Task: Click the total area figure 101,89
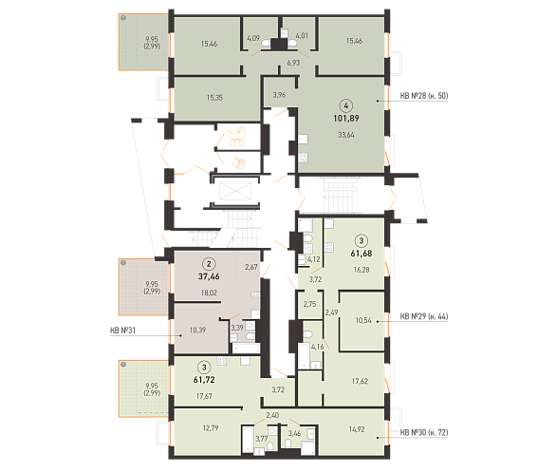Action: tap(346, 118)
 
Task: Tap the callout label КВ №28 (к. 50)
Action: tap(424, 96)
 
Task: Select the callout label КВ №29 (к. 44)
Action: tap(424, 316)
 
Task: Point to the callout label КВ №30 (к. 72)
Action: tap(424, 432)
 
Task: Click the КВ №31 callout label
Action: tap(123, 331)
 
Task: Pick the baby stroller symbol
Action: tap(237, 136)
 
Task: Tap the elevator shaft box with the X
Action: tap(235, 192)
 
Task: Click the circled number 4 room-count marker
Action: tap(346, 105)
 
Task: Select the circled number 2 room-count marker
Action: tap(209, 264)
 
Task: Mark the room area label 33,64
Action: tap(346, 135)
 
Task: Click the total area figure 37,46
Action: tap(209, 276)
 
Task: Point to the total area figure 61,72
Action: tap(204, 380)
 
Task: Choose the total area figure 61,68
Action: tap(362, 254)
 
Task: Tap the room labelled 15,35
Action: tap(214, 98)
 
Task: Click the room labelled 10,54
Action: tap(363, 320)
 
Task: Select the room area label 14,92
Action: tap(357, 429)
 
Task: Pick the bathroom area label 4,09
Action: tap(253, 38)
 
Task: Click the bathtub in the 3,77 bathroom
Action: tap(247, 440)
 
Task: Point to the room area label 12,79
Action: tap(211, 427)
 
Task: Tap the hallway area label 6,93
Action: tap(293, 63)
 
